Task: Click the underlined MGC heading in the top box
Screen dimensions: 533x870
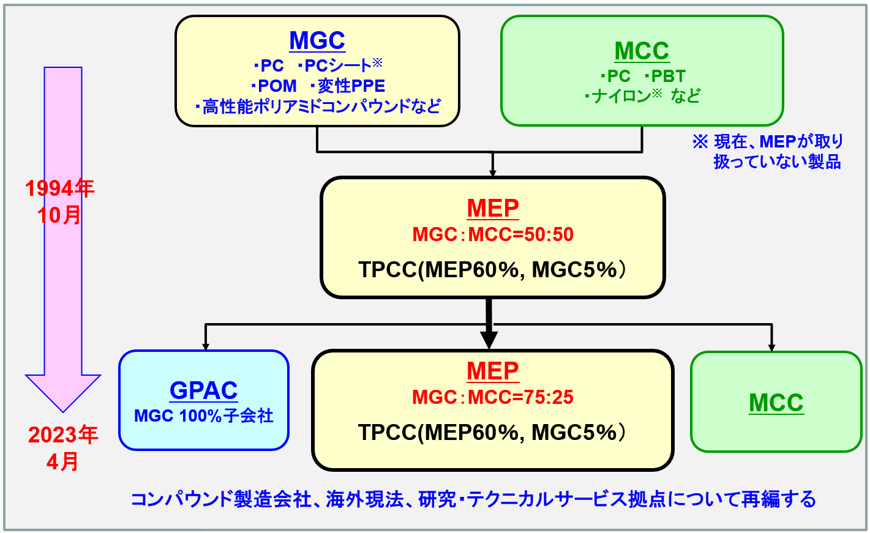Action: pos(317,40)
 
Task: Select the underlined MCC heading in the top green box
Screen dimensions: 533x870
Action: pos(642,51)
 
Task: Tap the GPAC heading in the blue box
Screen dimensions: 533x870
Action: pos(203,390)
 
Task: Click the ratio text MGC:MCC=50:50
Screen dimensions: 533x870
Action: pos(493,234)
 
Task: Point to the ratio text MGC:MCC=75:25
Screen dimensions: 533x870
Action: pos(493,397)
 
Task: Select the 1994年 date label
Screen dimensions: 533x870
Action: pos(59,188)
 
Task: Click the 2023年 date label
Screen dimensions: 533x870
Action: pos(63,435)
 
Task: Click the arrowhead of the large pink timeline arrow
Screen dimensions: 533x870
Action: pos(63,392)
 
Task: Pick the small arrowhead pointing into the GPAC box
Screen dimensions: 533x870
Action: pos(206,346)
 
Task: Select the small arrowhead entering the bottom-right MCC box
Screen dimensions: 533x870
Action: pos(771,347)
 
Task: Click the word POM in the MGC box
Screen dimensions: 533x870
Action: pos(277,86)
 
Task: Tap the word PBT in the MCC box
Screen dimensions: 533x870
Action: pos(668,76)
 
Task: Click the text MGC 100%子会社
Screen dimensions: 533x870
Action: pos(203,416)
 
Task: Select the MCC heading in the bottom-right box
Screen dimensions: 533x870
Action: pos(776,403)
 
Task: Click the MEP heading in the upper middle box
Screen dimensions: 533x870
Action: pos(493,208)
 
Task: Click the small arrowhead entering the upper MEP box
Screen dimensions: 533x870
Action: pos(493,173)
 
